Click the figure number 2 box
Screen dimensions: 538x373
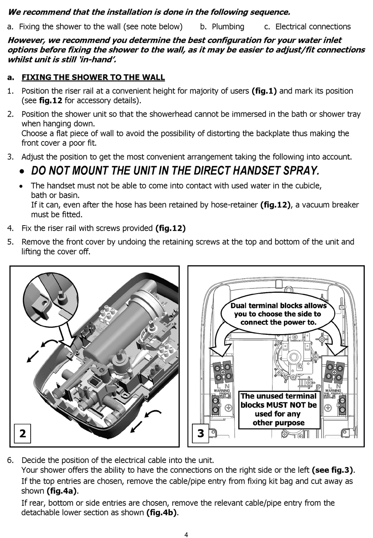click(x=23, y=433)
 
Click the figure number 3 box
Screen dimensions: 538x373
click(x=201, y=433)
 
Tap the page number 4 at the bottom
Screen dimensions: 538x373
click(x=186, y=534)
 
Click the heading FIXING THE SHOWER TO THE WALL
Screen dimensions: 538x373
click(x=93, y=77)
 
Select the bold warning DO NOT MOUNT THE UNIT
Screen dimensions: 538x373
click(x=175, y=171)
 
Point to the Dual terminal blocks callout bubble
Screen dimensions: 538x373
click(x=278, y=314)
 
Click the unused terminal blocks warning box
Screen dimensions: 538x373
click(x=278, y=409)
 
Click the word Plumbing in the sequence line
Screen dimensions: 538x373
click(x=228, y=27)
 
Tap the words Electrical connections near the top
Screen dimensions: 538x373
click(x=313, y=27)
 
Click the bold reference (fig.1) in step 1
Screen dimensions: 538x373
click(x=264, y=91)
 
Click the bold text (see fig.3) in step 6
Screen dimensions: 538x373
click(x=332, y=470)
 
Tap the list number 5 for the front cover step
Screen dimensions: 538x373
click(x=11, y=242)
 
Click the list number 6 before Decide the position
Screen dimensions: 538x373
click(x=11, y=460)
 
